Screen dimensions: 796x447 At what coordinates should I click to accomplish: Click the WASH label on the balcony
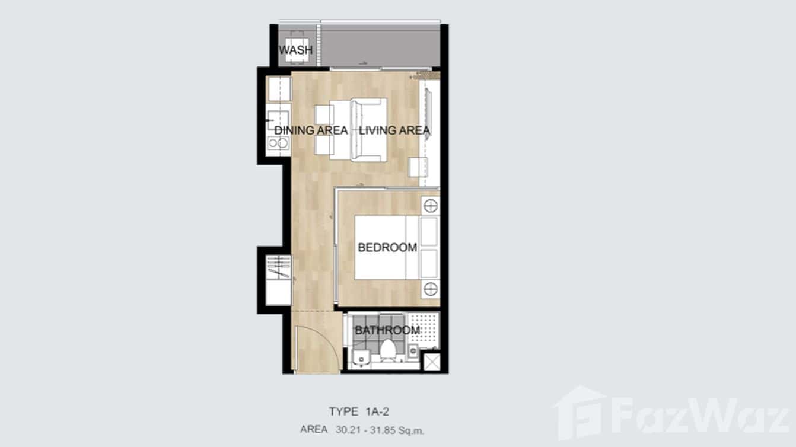click(295, 50)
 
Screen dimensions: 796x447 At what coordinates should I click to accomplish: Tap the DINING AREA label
click(311, 130)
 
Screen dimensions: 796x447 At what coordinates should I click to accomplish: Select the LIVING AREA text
click(394, 130)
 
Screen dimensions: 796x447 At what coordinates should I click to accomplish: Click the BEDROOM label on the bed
click(387, 247)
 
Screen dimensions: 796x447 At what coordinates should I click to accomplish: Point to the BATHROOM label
click(387, 330)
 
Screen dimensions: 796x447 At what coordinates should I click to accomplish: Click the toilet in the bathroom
click(388, 350)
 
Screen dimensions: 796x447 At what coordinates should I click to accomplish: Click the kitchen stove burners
click(278, 143)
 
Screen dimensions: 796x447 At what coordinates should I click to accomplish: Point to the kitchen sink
click(278, 120)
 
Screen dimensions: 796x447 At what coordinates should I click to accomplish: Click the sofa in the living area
click(368, 130)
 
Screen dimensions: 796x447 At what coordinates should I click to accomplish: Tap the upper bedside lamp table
click(431, 206)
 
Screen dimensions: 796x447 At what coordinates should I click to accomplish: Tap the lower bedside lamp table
click(431, 289)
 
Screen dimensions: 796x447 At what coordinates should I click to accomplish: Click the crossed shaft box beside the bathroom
click(432, 362)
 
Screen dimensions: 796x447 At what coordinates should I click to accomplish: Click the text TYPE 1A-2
click(359, 412)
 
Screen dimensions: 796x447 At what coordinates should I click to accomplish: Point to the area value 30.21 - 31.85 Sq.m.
click(380, 430)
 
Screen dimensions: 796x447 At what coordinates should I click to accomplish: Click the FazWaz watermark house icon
click(580, 413)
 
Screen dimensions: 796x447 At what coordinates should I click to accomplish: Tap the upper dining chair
click(324, 114)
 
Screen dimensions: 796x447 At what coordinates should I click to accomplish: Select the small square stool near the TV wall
click(418, 167)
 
